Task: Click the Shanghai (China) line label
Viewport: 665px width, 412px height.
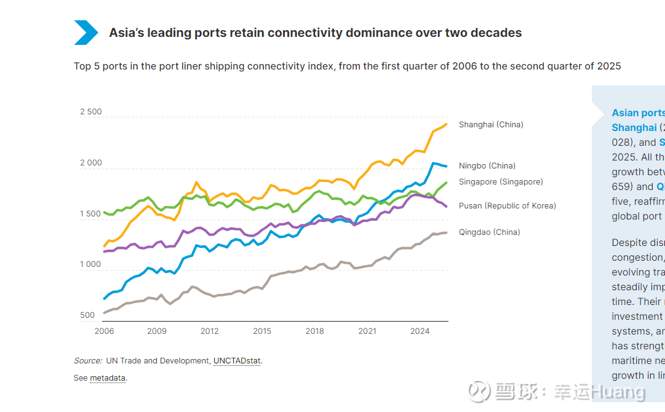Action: pos(490,125)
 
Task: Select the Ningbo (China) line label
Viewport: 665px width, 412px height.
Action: pos(487,166)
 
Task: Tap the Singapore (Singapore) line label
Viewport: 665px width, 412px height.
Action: pos(501,182)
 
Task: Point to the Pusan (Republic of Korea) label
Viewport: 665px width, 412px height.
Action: pos(507,206)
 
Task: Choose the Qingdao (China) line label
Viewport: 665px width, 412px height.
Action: pos(489,232)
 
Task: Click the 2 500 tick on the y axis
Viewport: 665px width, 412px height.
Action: pos(91,112)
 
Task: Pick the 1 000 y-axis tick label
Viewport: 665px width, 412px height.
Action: pos(91,264)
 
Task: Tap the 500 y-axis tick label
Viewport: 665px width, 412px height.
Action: pos(87,315)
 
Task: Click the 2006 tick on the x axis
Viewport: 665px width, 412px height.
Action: pos(104,331)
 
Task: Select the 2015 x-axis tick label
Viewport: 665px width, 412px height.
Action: pos(262,331)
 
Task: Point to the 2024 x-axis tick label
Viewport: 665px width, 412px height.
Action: pos(420,331)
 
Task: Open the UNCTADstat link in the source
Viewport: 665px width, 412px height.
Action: pos(237,361)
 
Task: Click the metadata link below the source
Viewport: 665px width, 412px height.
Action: pos(108,378)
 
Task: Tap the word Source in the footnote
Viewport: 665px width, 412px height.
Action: pos(87,361)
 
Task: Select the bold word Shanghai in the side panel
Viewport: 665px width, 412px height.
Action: pos(634,128)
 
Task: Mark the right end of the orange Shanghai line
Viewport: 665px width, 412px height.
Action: pos(446,124)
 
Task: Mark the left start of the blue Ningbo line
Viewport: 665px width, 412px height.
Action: pos(105,299)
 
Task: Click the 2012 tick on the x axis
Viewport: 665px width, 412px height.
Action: pos(209,331)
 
